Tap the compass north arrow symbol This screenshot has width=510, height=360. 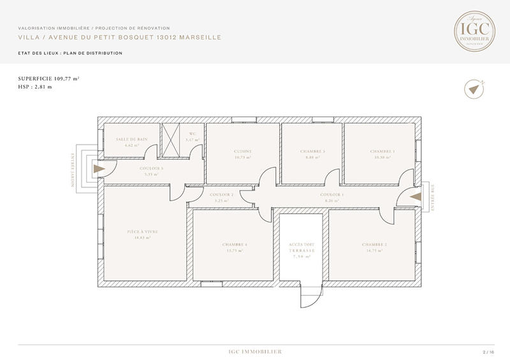(x=473, y=90)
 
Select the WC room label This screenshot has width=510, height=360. (x=192, y=138)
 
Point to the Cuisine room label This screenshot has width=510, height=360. (x=243, y=154)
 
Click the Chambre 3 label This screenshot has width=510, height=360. (x=312, y=154)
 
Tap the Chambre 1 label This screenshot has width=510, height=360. (x=382, y=154)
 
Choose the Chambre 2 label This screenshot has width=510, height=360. (x=374, y=247)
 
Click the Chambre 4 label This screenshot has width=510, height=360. (x=235, y=248)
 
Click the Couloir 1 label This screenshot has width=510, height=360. (x=332, y=198)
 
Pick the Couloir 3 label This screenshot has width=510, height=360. (x=152, y=171)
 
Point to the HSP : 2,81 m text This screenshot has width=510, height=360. (x=35, y=87)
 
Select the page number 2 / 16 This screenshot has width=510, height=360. (x=488, y=352)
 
